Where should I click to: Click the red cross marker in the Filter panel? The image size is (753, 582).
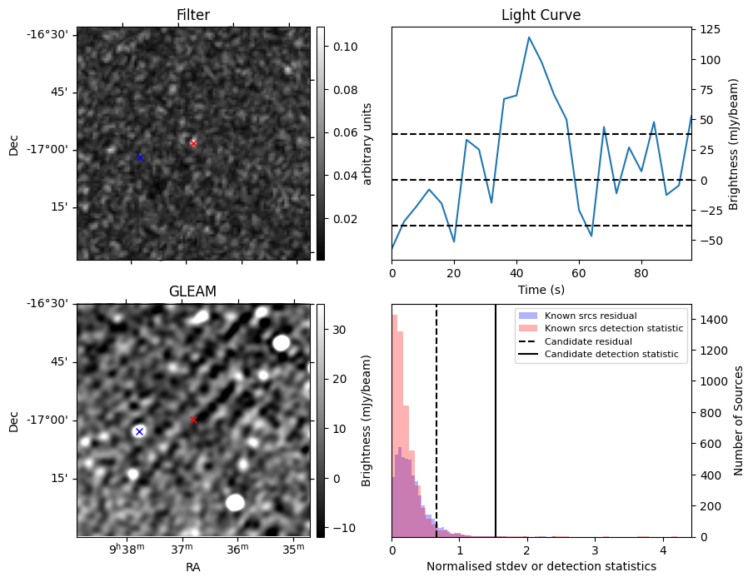click(193, 143)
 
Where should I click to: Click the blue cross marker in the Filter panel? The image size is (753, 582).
click(140, 157)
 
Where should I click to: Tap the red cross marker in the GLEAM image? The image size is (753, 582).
click(193, 420)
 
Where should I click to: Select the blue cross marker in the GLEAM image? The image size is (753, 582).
click(139, 431)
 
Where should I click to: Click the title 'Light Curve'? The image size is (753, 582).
click(541, 15)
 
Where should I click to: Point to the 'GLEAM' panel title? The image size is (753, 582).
click(192, 291)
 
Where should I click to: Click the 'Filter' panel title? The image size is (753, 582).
click(193, 15)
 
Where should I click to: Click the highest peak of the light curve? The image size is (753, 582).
click(528, 37)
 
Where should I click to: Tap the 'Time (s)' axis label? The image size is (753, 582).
click(541, 289)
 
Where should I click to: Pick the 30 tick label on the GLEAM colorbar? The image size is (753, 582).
click(340, 330)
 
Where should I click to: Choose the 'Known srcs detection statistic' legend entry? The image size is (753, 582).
click(613, 329)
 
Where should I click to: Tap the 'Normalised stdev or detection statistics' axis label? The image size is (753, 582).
click(541, 566)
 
